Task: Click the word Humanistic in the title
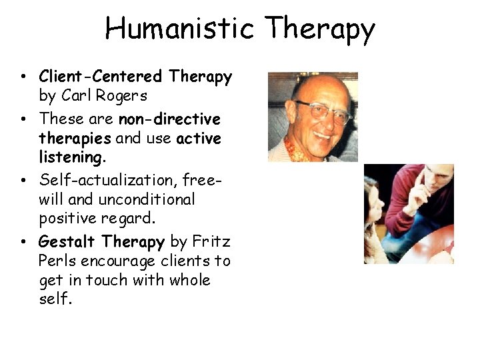(x=179, y=29)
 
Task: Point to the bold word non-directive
(x=169, y=119)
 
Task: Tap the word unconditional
(x=147, y=199)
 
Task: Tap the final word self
(x=55, y=299)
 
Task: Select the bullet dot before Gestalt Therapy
(x=23, y=241)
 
